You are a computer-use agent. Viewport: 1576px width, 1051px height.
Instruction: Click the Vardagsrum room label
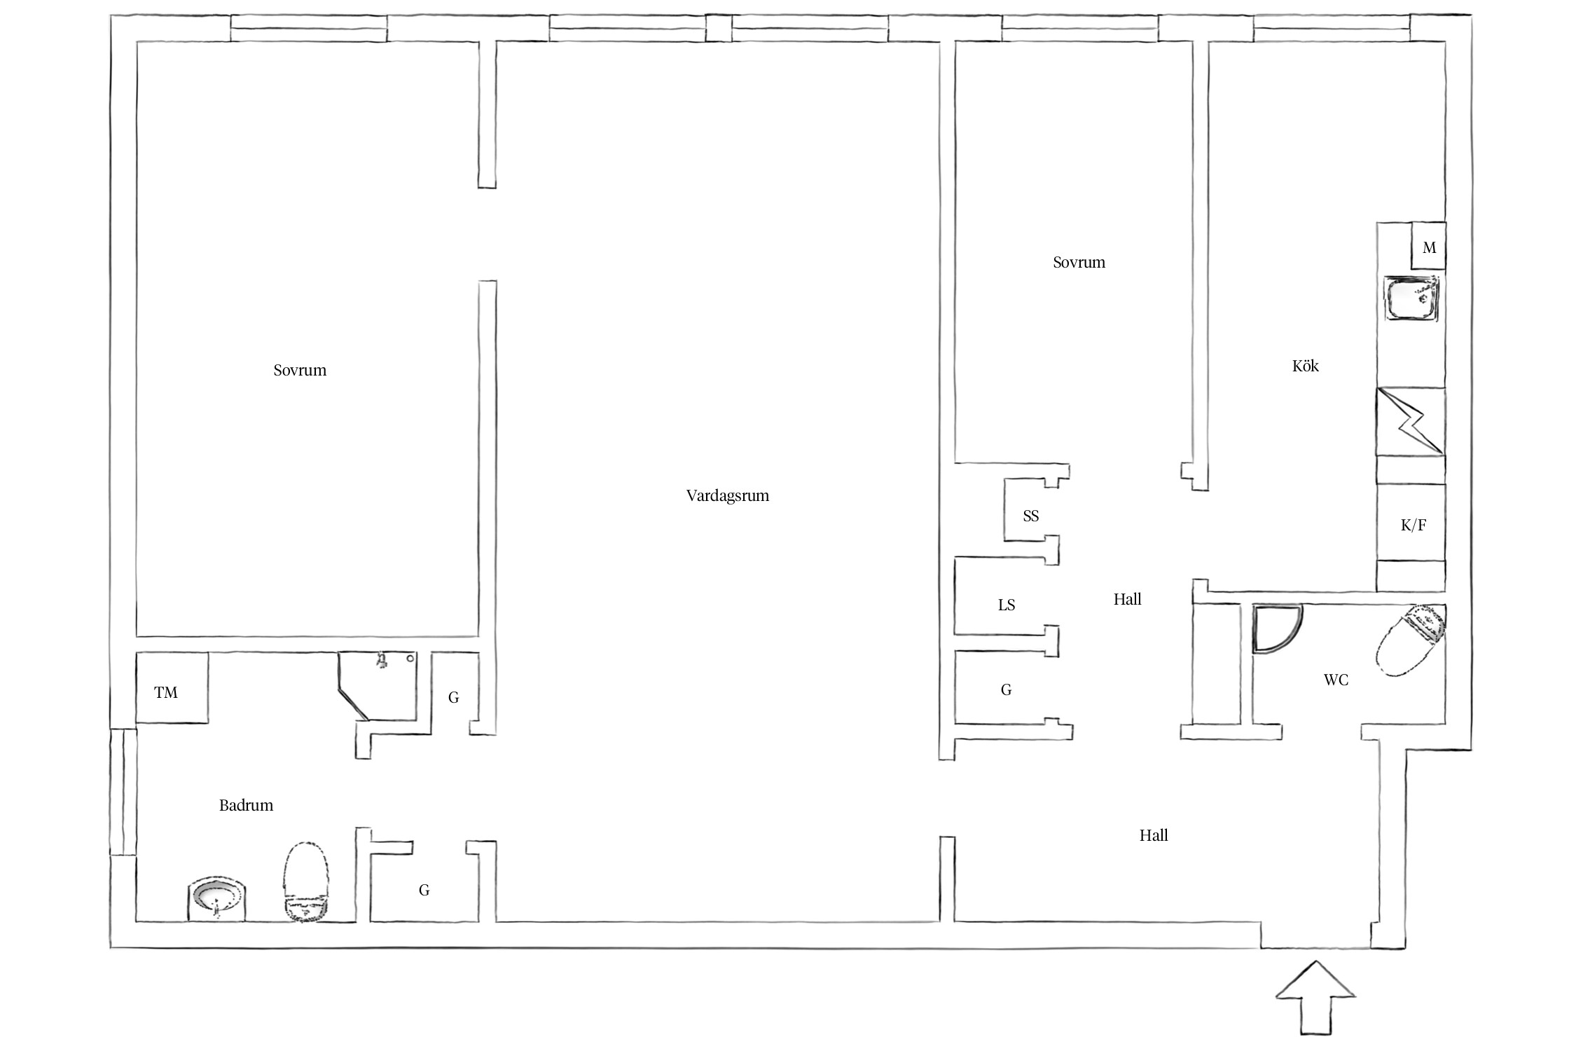[x=727, y=496]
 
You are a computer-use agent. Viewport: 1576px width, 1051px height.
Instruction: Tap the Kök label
[x=1305, y=366]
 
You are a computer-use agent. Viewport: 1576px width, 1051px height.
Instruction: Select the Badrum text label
[x=246, y=805]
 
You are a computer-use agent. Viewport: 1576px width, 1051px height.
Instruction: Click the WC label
[x=1336, y=680]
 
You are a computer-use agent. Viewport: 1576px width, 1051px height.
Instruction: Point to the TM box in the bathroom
[x=172, y=687]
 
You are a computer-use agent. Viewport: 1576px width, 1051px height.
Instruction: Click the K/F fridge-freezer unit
[x=1411, y=522]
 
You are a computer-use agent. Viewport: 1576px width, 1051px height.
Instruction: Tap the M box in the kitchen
[x=1428, y=246]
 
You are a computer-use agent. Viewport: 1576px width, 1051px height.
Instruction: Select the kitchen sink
[x=1411, y=300]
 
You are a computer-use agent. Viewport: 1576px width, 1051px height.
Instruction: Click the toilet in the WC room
[x=1408, y=641]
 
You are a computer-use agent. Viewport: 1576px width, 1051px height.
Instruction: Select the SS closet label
[x=1030, y=516]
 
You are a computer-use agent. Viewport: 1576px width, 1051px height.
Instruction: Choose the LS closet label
[x=1006, y=605]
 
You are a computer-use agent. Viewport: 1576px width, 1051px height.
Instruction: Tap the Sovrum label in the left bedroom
[x=300, y=370]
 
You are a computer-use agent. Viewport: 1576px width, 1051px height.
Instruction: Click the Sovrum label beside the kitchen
[x=1079, y=263]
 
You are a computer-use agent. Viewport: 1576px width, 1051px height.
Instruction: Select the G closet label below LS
[x=1006, y=690]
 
